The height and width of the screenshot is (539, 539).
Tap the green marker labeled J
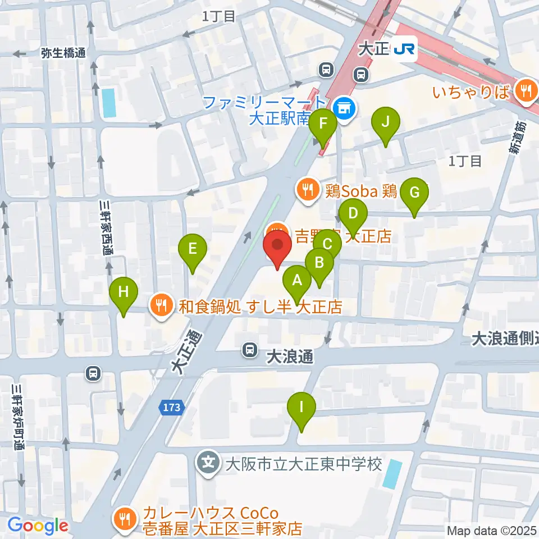click(x=385, y=121)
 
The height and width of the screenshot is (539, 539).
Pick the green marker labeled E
click(x=193, y=248)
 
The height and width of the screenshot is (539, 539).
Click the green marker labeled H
click(x=124, y=292)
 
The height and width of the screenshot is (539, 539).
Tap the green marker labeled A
click(x=297, y=280)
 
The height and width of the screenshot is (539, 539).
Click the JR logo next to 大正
click(x=404, y=49)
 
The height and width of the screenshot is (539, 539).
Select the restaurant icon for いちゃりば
click(x=526, y=88)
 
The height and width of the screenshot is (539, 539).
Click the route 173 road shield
click(x=174, y=408)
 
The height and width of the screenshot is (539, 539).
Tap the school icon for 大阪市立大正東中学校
click(x=209, y=464)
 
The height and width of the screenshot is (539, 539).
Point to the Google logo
click(x=38, y=526)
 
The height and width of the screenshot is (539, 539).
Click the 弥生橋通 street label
click(x=63, y=53)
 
